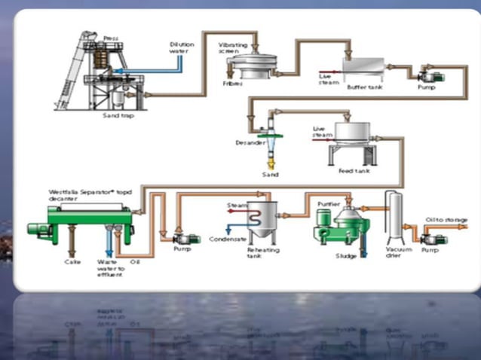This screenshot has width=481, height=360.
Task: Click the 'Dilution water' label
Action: (182, 47)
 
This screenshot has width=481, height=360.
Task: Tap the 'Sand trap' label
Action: (118, 116)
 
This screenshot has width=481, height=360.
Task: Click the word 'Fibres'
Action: (232, 84)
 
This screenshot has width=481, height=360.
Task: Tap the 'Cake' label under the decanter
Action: (73, 261)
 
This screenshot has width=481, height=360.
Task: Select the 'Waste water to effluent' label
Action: (109, 268)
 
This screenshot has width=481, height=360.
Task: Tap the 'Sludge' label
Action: (346, 256)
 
